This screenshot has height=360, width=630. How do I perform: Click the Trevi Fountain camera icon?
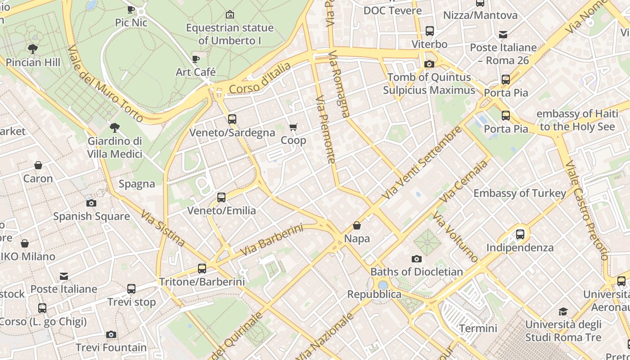(x=111, y=334)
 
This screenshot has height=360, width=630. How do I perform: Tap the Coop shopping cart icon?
(x=293, y=127)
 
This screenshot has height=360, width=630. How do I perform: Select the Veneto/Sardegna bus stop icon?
(x=232, y=119)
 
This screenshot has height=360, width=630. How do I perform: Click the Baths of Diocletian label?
(x=416, y=272)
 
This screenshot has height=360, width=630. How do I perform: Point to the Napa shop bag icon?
(x=357, y=225)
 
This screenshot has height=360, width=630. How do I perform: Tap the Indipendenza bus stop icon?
(x=520, y=234)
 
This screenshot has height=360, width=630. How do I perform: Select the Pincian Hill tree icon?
(x=32, y=49)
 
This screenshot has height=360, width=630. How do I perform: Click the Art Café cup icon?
(x=196, y=59)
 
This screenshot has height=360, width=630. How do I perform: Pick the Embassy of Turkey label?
(x=520, y=193)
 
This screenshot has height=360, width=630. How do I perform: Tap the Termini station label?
(x=478, y=328)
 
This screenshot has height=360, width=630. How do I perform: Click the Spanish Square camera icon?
(x=91, y=203)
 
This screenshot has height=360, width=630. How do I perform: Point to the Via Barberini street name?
(x=271, y=241)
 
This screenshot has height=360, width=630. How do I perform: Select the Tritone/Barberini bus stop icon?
(x=202, y=269)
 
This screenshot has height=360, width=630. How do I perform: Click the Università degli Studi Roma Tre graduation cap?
(x=563, y=311)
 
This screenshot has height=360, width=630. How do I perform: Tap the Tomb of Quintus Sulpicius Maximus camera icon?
(x=429, y=64)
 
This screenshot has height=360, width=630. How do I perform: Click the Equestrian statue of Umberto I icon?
(x=230, y=14)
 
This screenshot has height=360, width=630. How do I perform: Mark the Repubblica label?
(x=374, y=294)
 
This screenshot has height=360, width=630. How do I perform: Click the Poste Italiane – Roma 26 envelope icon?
(x=503, y=35)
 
